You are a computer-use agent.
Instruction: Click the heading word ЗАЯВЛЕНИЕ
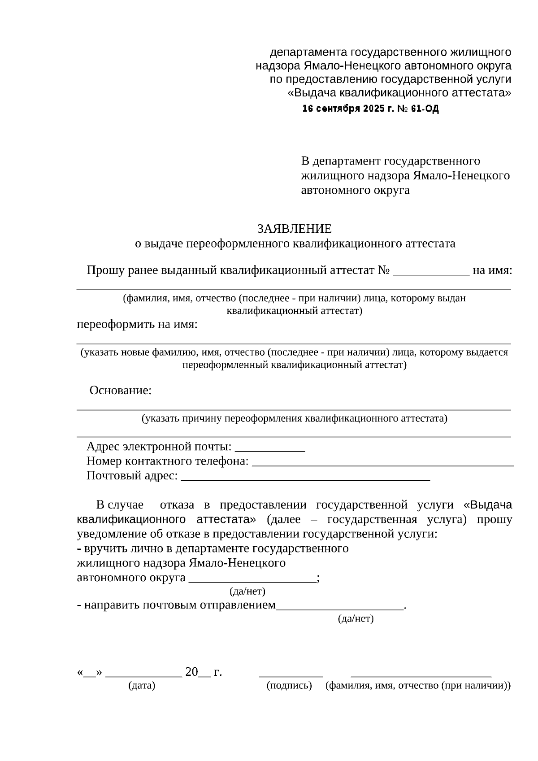(294, 229)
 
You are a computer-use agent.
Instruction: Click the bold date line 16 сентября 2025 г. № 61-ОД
(370, 109)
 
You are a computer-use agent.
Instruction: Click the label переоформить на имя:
(137, 324)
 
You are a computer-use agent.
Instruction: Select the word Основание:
(121, 390)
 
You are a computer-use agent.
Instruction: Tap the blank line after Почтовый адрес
(305, 477)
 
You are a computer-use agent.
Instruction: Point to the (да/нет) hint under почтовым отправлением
(355, 619)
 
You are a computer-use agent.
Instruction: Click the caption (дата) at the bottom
(142, 686)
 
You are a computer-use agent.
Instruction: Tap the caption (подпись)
(289, 686)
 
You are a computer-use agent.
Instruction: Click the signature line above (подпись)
(291, 674)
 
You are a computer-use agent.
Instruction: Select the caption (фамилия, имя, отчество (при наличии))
(418, 686)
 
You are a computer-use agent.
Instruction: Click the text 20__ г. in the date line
(203, 672)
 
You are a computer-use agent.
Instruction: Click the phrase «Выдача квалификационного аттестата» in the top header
(399, 93)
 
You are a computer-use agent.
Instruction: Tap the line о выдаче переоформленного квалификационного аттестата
(295, 244)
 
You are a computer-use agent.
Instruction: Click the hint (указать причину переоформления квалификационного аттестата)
(294, 418)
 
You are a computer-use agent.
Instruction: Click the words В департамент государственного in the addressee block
(390, 161)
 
